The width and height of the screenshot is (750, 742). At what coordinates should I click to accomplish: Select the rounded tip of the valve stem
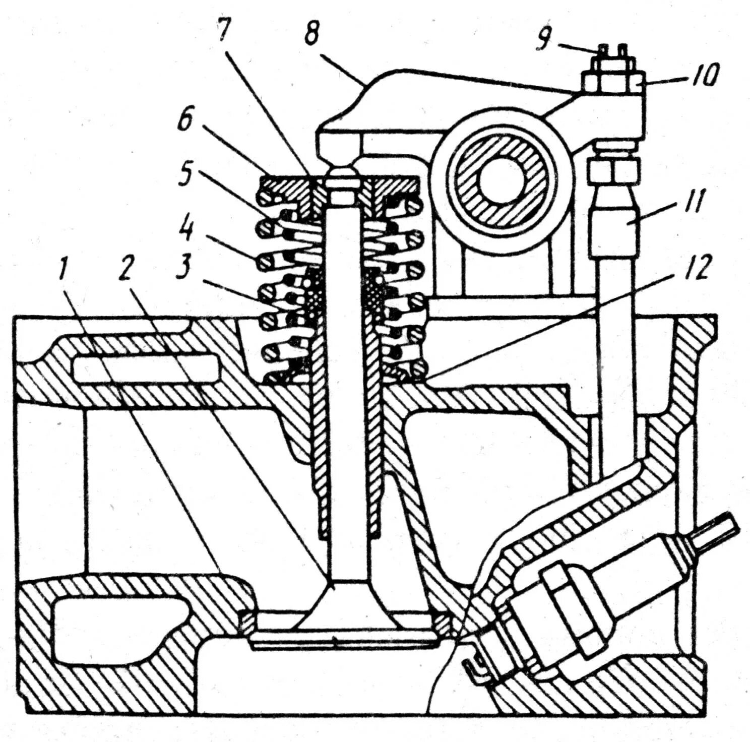pyautogui.click(x=341, y=175)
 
